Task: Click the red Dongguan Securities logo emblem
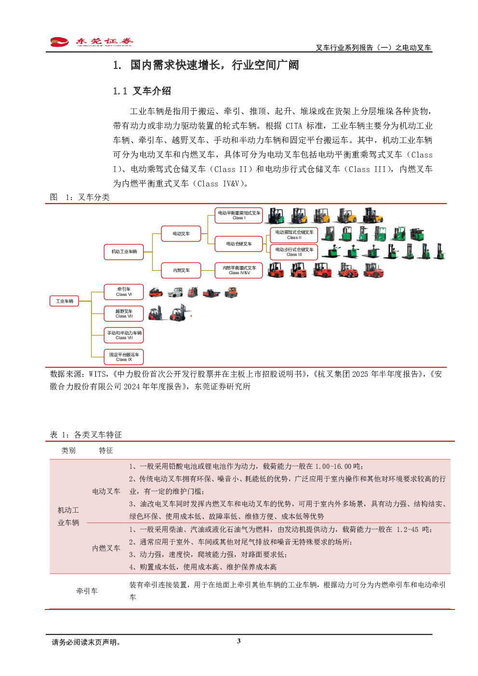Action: pyautogui.click(x=59, y=42)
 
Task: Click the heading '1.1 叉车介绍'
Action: pyautogui.click(x=142, y=91)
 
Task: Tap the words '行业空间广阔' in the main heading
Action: pyautogui.click(x=266, y=65)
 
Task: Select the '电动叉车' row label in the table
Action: pyautogui.click(x=106, y=491)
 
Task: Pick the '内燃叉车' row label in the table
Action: pyautogui.click(x=106, y=548)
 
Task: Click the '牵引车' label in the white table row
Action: pyautogui.click(x=87, y=591)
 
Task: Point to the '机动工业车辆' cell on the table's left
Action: pyautogui.click(x=68, y=517)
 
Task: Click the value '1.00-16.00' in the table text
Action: pyautogui.click(x=333, y=466)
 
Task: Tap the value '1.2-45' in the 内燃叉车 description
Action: pyautogui.click(x=408, y=530)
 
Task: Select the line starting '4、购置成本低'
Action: pyautogui.click(x=202, y=567)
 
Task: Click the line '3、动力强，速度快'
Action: pyautogui.click(x=207, y=555)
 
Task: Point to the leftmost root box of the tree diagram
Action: pyautogui.click(x=64, y=301)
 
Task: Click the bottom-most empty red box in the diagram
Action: pyautogui.click(x=124, y=357)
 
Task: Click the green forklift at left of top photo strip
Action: pyautogui.click(x=276, y=216)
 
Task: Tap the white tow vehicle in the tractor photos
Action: pyautogui.click(x=174, y=292)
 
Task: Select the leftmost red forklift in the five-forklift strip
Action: pyautogui.click(x=276, y=270)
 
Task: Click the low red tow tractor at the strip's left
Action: pyautogui.click(x=156, y=292)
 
